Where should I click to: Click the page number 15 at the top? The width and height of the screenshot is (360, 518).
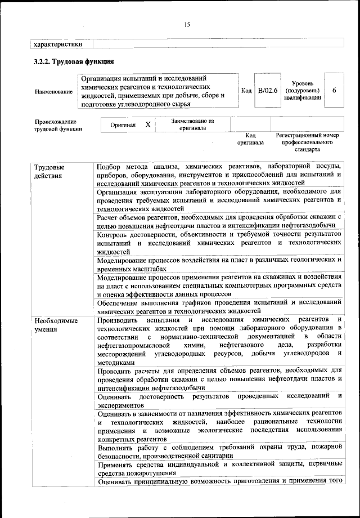(x=187, y=24)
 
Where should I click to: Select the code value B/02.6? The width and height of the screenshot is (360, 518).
(x=268, y=91)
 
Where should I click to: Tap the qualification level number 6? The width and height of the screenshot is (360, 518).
(x=335, y=91)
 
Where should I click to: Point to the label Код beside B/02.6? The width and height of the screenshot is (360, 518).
(x=246, y=91)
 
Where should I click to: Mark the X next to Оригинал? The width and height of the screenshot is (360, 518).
(x=147, y=124)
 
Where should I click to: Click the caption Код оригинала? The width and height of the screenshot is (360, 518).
(x=250, y=139)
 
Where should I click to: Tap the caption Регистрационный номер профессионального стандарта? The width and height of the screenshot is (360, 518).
(x=307, y=143)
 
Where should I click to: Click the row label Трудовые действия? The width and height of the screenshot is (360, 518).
(x=49, y=172)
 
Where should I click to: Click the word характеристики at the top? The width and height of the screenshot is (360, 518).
(x=59, y=43)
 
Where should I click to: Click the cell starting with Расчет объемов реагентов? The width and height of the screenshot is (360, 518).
(x=219, y=221)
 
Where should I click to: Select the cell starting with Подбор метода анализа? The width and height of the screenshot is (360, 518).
(x=219, y=175)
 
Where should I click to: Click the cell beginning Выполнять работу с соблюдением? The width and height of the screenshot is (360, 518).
(x=219, y=451)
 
